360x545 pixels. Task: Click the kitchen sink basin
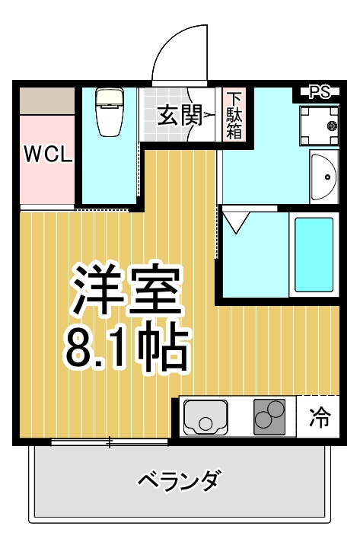coord(205,416)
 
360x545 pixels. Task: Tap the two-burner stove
coord(269,416)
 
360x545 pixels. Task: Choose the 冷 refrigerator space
coord(320,417)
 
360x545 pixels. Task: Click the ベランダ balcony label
coord(180,480)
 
